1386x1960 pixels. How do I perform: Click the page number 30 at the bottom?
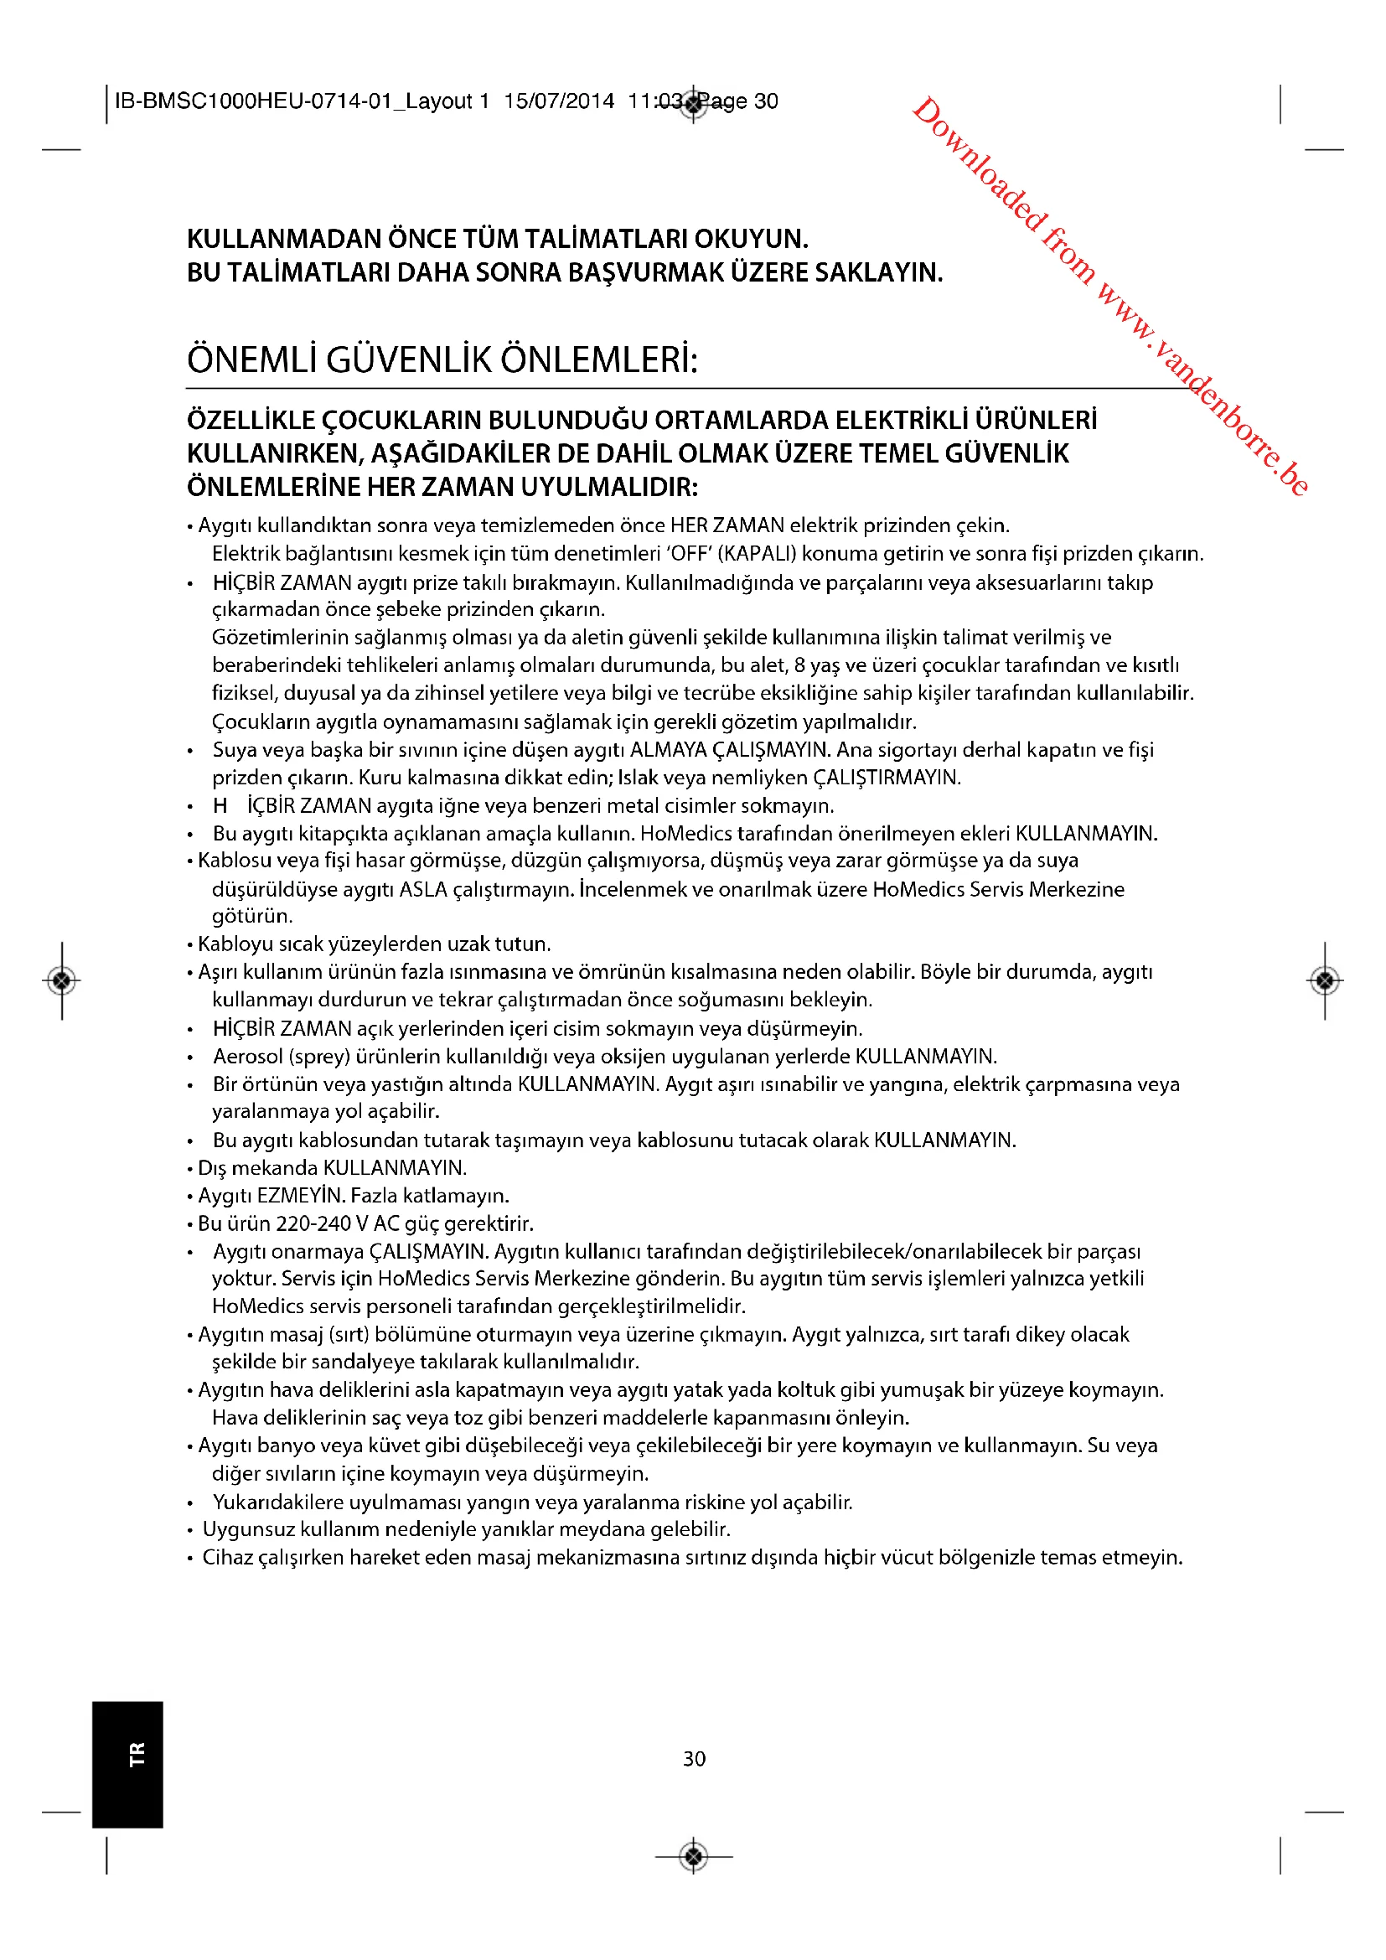[x=694, y=1759]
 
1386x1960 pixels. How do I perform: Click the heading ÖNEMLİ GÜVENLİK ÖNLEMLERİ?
[x=442, y=359]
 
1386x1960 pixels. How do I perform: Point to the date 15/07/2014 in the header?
[x=559, y=101]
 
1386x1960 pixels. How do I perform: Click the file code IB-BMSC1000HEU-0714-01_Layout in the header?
[x=292, y=101]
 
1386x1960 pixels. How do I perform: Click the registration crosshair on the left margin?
[x=61, y=981]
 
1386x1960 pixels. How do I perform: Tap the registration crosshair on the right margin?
[x=1325, y=981]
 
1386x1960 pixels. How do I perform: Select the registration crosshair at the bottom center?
[x=694, y=1855]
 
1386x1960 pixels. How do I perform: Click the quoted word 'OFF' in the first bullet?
[x=687, y=554]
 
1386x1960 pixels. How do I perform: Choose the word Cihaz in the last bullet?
[x=227, y=1558]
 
